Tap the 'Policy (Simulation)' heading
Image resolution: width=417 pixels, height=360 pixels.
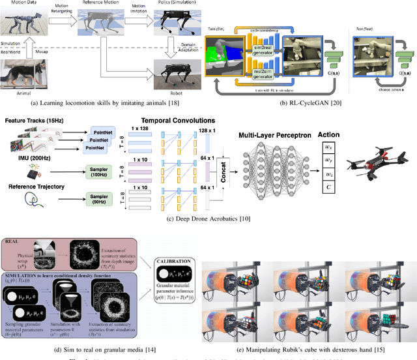pyautogui.click(x=171, y=3)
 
